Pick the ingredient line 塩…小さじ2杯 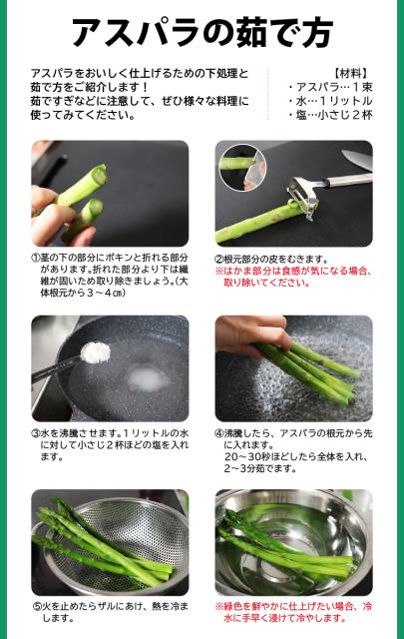point(335,115)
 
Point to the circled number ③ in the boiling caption point(37,434)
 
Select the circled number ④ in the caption point(219,434)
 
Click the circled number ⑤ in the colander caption point(37,606)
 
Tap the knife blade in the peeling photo point(357,158)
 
